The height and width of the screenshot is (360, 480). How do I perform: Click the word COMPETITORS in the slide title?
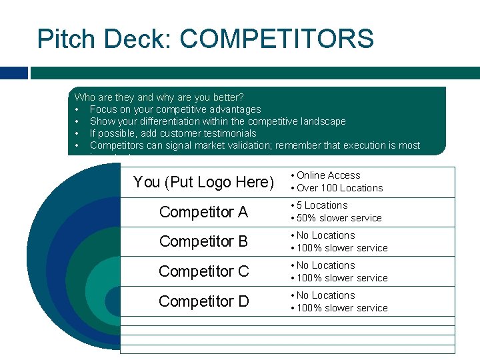point(277,39)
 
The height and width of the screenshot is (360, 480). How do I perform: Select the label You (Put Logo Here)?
point(203,182)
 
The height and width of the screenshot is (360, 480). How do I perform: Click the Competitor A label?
point(203,212)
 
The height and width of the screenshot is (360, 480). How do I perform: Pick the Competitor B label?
point(203,241)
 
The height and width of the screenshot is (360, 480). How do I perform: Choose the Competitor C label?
point(203,271)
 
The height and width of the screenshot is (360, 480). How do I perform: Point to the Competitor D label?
point(203,301)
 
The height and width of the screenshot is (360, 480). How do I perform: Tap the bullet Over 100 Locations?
point(339,188)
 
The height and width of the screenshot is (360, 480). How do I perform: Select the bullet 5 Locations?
point(322,205)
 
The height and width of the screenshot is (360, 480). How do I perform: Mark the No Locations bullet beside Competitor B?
point(325,235)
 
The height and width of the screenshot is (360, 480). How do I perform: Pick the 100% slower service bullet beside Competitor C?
point(342,278)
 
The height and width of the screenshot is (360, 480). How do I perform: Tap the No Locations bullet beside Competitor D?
point(325,295)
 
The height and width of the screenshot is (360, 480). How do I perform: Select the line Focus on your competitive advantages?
point(175,109)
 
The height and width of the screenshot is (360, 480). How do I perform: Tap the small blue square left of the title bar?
point(14,72)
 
